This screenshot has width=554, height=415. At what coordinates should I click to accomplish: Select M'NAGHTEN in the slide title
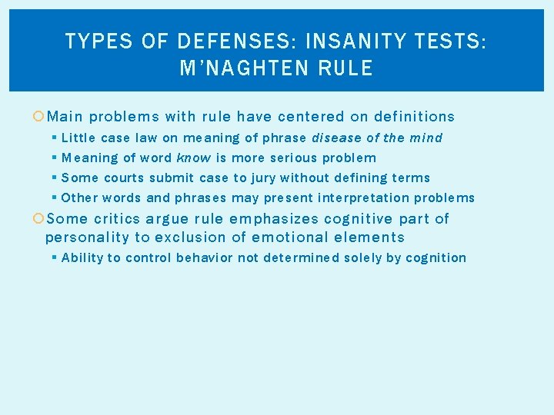tap(237, 68)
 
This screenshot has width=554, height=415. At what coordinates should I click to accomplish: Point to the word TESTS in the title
tap(454, 41)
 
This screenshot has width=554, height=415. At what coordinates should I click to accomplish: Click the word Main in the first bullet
tap(65, 117)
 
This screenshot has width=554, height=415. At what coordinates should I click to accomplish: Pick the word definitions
tap(414, 117)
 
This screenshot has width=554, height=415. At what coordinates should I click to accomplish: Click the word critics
tap(118, 219)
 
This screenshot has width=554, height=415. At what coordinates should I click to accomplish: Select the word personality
tap(88, 237)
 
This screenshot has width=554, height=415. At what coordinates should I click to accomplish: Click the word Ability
tap(82, 258)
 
